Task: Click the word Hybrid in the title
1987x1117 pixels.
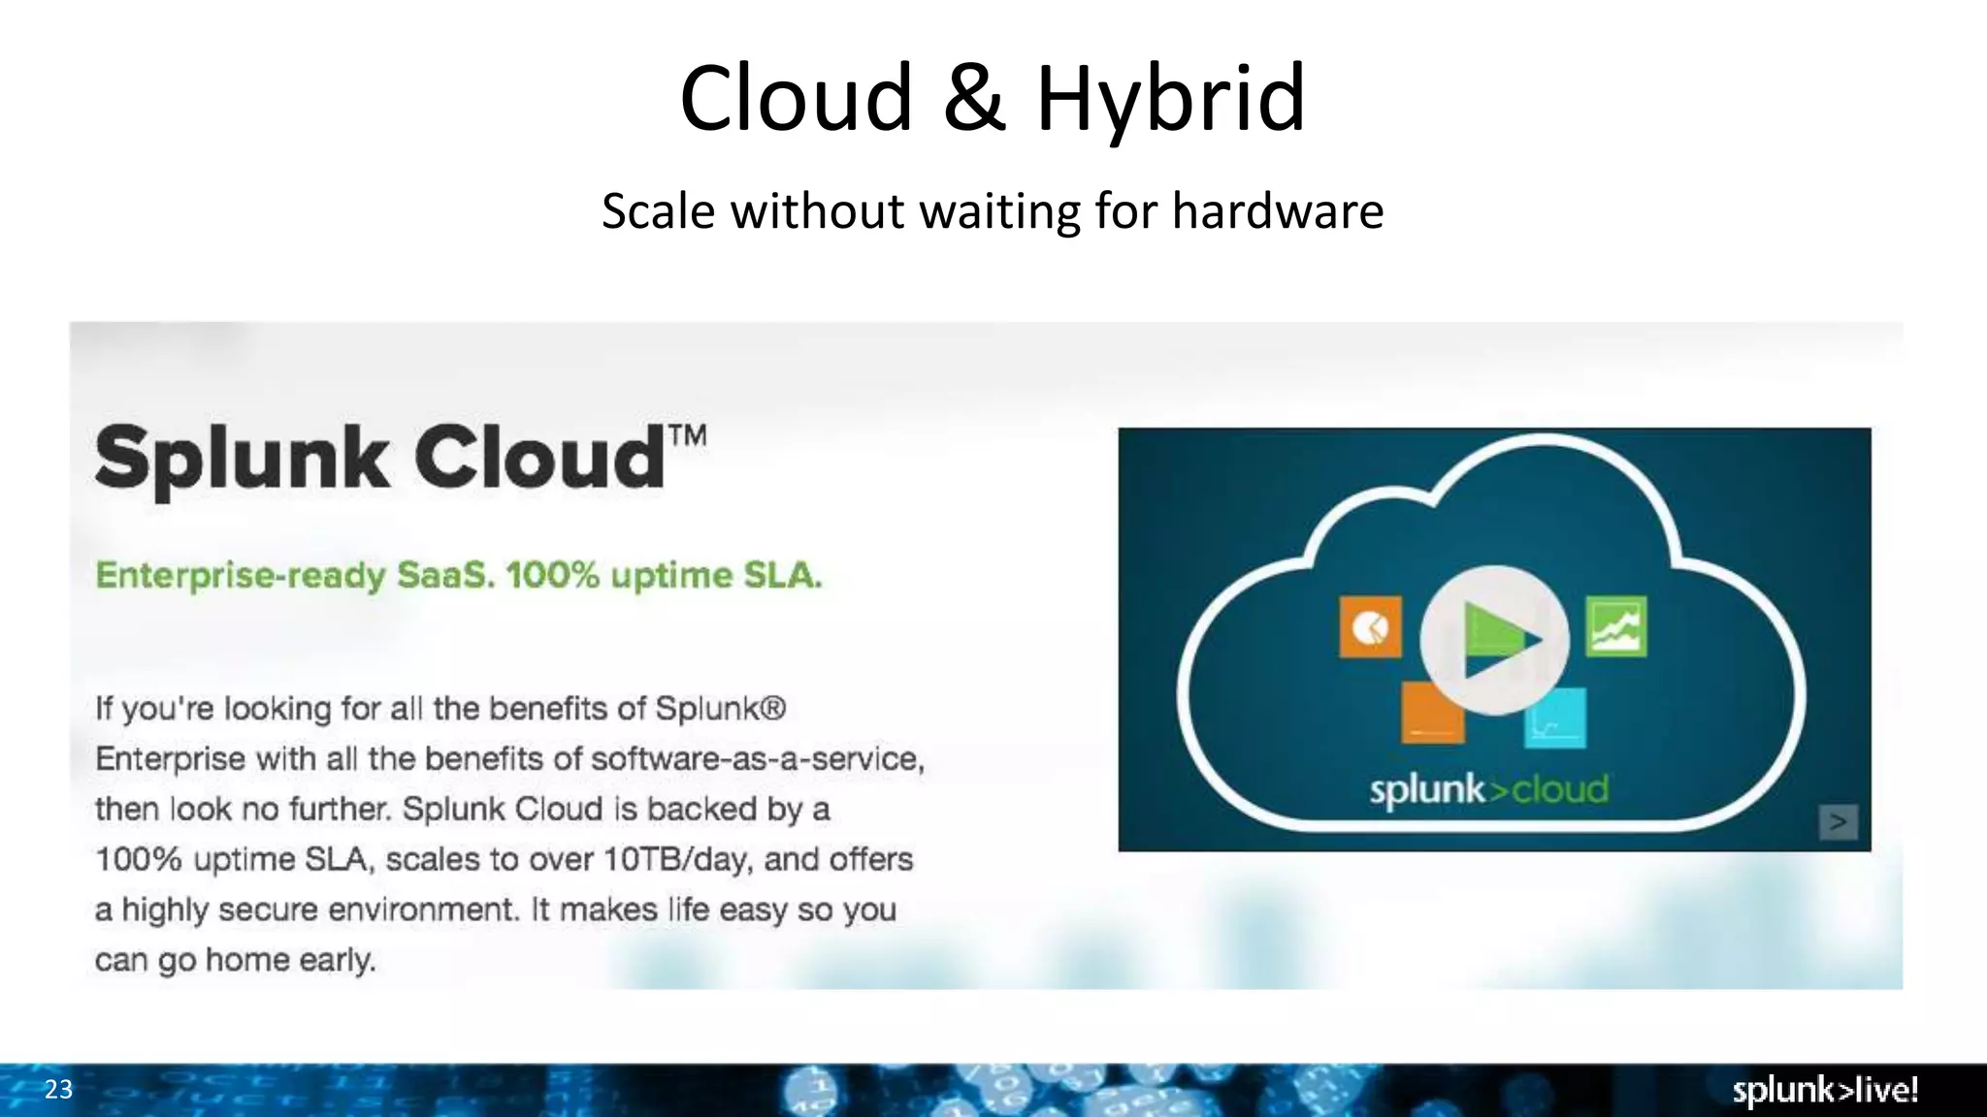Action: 1171,99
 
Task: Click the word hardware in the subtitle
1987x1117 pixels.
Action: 1277,211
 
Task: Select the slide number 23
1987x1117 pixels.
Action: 58,1090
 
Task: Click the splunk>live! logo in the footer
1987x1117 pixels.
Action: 1825,1090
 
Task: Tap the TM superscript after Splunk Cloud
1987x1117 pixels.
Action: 687,435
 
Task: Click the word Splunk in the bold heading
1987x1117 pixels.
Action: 242,459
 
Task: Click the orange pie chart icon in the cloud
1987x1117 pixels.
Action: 1370,626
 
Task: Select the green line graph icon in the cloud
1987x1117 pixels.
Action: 1615,626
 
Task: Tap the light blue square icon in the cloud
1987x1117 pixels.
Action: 1555,718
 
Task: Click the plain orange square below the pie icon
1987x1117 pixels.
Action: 1433,713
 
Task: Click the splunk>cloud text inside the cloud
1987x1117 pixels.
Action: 1488,789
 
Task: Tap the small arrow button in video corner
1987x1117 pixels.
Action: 1838,822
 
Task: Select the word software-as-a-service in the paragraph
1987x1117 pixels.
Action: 757,758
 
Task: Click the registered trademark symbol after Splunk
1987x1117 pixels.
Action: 772,708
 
